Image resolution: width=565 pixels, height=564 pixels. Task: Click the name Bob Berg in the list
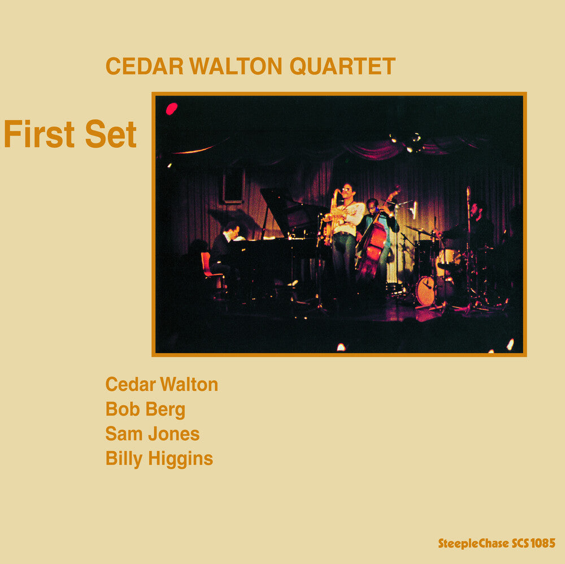[x=145, y=409]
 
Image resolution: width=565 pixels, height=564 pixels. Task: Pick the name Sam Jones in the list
[x=153, y=434]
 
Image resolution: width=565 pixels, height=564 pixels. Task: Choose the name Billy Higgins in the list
[x=159, y=458]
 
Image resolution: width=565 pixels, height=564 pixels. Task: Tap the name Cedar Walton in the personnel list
[x=162, y=384]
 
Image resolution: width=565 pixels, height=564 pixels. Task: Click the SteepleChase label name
[x=473, y=544]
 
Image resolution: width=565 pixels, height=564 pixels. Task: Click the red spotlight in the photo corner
[x=172, y=108]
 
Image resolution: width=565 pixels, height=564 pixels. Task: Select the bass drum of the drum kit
[x=426, y=290]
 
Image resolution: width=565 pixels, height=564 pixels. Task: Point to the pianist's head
[x=232, y=229]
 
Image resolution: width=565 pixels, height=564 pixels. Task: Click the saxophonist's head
[x=346, y=193]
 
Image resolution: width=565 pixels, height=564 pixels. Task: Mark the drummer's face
[x=476, y=211]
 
